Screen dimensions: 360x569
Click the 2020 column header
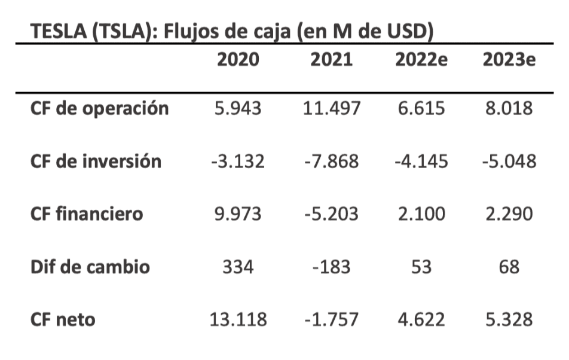coord(238,60)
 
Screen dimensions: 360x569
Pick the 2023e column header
coord(509,60)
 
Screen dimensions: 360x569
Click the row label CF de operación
coord(99,109)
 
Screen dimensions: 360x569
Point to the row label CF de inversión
coord(96,161)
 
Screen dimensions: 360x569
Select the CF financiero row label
coord(87,214)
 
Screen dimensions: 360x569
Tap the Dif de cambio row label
coord(90,266)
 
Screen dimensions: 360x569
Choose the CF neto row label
coord(63,319)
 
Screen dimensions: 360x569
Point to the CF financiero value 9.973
coord(238,214)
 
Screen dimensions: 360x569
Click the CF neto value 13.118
coord(238,319)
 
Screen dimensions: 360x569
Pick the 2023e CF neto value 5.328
coord(509,319)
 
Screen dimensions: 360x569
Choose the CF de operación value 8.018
coord(509,109)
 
